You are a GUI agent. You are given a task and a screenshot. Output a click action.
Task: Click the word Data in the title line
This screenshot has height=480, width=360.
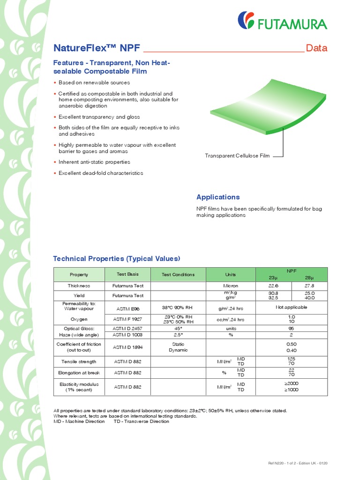(x=316, y=48)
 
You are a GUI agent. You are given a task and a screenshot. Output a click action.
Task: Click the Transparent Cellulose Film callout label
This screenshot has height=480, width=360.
(x=237, y=156)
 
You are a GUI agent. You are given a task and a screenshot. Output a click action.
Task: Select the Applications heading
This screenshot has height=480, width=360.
(x=217, y=197)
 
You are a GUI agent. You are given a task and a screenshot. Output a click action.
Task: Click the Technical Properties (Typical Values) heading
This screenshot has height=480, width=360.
(x=116, y=259)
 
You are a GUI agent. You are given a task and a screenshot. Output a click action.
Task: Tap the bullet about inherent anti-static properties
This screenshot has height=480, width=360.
(x=94, y=162)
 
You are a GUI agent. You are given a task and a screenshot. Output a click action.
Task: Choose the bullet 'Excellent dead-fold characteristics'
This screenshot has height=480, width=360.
(x=101, y=173)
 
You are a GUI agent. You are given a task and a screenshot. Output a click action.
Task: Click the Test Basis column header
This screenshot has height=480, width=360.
(x=127, y=274)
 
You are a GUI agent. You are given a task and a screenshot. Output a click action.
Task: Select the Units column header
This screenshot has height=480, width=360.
(x=230, y=275)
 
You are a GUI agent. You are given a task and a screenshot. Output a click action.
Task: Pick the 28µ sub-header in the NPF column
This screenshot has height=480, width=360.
(x=309, y=277)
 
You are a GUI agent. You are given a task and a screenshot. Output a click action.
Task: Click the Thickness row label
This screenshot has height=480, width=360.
(x=79, y=286)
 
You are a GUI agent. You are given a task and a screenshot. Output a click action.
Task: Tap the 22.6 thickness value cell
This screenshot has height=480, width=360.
(x=273, y=286)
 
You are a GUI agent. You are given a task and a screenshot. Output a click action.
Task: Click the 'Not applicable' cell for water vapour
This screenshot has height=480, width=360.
(x=291, y=307)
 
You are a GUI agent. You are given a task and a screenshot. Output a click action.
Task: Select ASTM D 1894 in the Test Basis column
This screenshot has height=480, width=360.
(x=127, y=347)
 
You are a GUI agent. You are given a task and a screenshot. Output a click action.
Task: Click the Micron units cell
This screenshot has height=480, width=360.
(x=230, y=286)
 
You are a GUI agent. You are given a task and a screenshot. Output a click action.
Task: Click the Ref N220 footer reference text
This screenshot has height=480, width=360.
(x=297, y=463)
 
